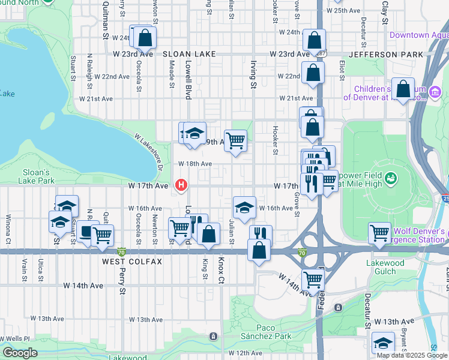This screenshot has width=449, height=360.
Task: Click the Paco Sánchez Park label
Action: pyautogui.click(x=266, y=332)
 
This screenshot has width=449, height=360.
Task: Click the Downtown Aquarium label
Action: pyautogui.click(x=418, y=35)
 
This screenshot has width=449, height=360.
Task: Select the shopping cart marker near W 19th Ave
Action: pyautogui.click(x=236, y=141)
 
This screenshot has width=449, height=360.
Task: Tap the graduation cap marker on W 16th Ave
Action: pyautogui.click(x=244, y=208)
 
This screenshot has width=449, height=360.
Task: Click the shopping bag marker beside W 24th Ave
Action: pyautogui.click(x=145, y=38)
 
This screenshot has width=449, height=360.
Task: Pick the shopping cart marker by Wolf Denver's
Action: pyautogui.click(x=379, y=232)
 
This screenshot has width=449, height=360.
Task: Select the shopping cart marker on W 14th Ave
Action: pyautogui.click(x=313, y=278)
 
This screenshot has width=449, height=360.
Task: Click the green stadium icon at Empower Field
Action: pyautogui.click(x=391, y=178)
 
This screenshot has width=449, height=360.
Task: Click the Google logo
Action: pyautogui.click(x=20, y=353)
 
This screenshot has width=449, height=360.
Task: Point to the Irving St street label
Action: pyautogui.click(x=253, y=77)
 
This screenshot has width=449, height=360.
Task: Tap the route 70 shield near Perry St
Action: pyautogui.click(x=122, y=252)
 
